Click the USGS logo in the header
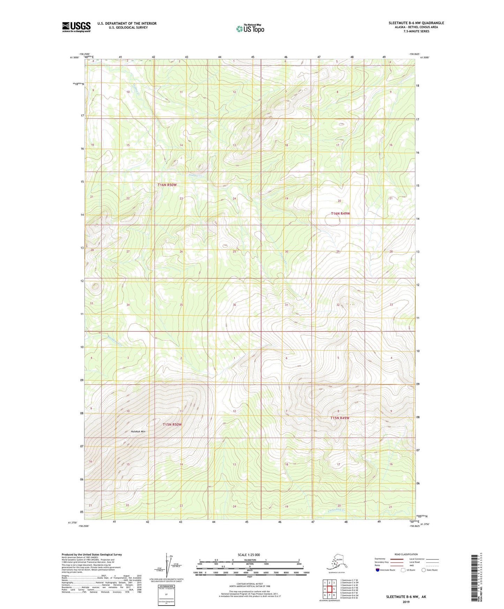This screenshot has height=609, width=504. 76,27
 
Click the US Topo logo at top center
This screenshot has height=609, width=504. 250,29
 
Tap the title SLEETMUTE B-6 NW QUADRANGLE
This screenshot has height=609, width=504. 416,23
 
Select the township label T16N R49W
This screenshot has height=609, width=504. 340,213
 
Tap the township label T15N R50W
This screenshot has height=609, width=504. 172,424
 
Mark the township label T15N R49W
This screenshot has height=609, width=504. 340,418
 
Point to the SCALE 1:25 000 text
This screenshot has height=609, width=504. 249,555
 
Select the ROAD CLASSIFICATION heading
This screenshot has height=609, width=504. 406,554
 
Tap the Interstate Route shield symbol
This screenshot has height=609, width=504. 378,570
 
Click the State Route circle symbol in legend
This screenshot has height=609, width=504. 424,570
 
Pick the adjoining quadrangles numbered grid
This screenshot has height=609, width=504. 329,589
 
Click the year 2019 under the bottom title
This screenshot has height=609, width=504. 406,602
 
